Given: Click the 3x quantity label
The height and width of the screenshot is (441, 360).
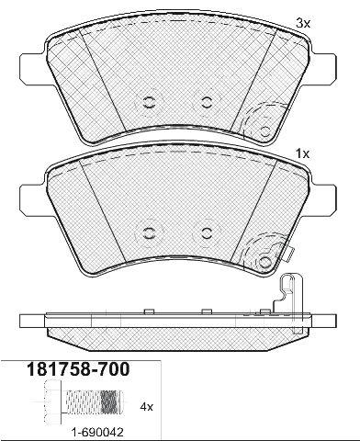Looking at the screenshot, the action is (303, 23).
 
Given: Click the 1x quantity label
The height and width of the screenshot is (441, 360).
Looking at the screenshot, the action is (303, 153).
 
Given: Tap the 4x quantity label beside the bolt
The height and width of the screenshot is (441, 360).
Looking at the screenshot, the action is (146, 407).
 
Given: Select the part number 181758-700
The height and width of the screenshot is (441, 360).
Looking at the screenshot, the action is (79, 369).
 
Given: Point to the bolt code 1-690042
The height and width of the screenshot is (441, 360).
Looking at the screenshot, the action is (97, 433).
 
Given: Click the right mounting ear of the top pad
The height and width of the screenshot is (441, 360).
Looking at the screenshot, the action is (323, 67).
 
